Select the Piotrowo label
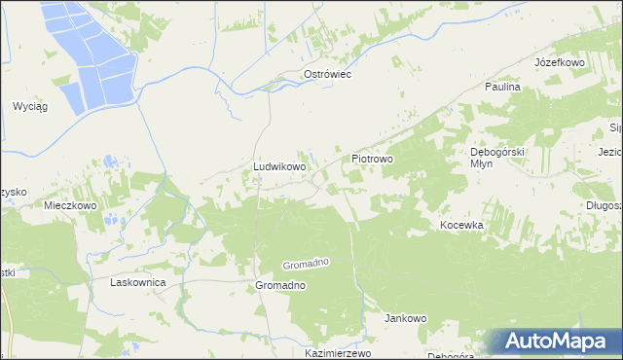click(371, 158)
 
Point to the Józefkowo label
click(559, 62)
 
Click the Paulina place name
click(503, 87)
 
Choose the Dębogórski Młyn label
click(497, 158)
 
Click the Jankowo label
click(406, 318)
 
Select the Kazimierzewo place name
click(338, 353)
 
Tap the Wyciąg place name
click(30, 105)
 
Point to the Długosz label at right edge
click(604, 205)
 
